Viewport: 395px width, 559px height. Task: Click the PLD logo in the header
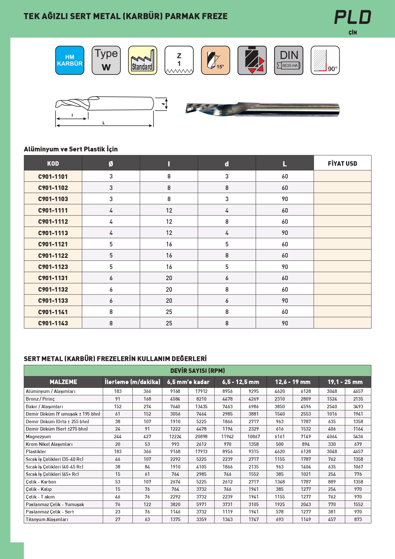point(353,17)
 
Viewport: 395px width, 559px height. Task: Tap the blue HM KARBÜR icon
point(70,60)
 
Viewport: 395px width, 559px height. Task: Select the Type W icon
point(106,60)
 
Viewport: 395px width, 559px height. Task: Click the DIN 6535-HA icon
point(289,60)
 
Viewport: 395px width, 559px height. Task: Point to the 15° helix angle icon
point(215,60)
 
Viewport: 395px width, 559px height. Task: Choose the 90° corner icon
point(325,60)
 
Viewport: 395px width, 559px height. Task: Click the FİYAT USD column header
point(342,163)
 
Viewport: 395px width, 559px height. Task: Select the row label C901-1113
point(53,233)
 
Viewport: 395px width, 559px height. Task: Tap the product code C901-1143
point(53,323)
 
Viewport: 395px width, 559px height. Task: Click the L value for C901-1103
point(285,199)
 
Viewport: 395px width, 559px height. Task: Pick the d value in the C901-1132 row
point(227,289)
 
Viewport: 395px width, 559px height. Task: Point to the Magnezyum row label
point(39,437)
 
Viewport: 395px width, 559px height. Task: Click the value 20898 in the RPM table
point(201,437)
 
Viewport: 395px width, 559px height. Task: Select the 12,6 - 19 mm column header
point(293,382)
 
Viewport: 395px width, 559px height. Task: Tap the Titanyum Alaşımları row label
point(47,519)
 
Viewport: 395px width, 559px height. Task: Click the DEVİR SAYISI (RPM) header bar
point(197,371)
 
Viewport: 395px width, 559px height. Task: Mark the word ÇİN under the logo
point(353,33)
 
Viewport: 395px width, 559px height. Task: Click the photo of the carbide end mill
point(263,109)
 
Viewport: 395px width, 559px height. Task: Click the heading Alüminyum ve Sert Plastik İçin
point(71,149)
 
